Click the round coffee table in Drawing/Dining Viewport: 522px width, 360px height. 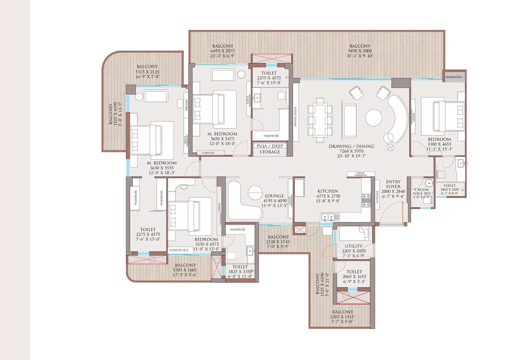coord(374,117)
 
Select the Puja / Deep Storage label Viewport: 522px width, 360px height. coord(270,149)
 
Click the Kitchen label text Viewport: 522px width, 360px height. coord(328,191)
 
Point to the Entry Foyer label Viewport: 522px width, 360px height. coord(393,184)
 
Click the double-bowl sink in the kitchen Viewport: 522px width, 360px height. coord(330,217)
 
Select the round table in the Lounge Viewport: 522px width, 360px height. coord(255,193)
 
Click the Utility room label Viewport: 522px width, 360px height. coord(354,246)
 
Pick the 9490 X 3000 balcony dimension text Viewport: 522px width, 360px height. coord(360,51)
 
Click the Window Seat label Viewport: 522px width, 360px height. coord(179,250)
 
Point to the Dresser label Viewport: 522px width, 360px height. coord(187,105)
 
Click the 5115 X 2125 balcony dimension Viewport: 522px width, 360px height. coord(147,72)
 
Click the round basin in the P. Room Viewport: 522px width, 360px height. coord(428,182)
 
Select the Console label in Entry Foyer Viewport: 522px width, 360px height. coord(377,197)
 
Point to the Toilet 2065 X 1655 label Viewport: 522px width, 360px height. coord(354,272)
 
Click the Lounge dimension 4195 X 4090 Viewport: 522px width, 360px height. coord(275,201)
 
